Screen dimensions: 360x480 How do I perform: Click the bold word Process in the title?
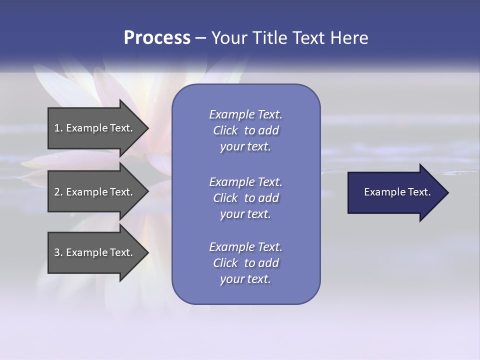157,38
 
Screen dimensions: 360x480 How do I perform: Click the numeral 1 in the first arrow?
57,128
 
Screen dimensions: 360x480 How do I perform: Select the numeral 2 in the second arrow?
57,192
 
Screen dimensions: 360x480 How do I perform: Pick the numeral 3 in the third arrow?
57,252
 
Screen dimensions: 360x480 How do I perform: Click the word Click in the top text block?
225,130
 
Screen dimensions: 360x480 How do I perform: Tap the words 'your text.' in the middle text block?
245,214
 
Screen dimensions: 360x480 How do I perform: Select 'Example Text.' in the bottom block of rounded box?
245,247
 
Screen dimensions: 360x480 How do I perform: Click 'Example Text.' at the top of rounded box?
245,114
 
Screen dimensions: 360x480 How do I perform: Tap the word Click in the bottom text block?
225,263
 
